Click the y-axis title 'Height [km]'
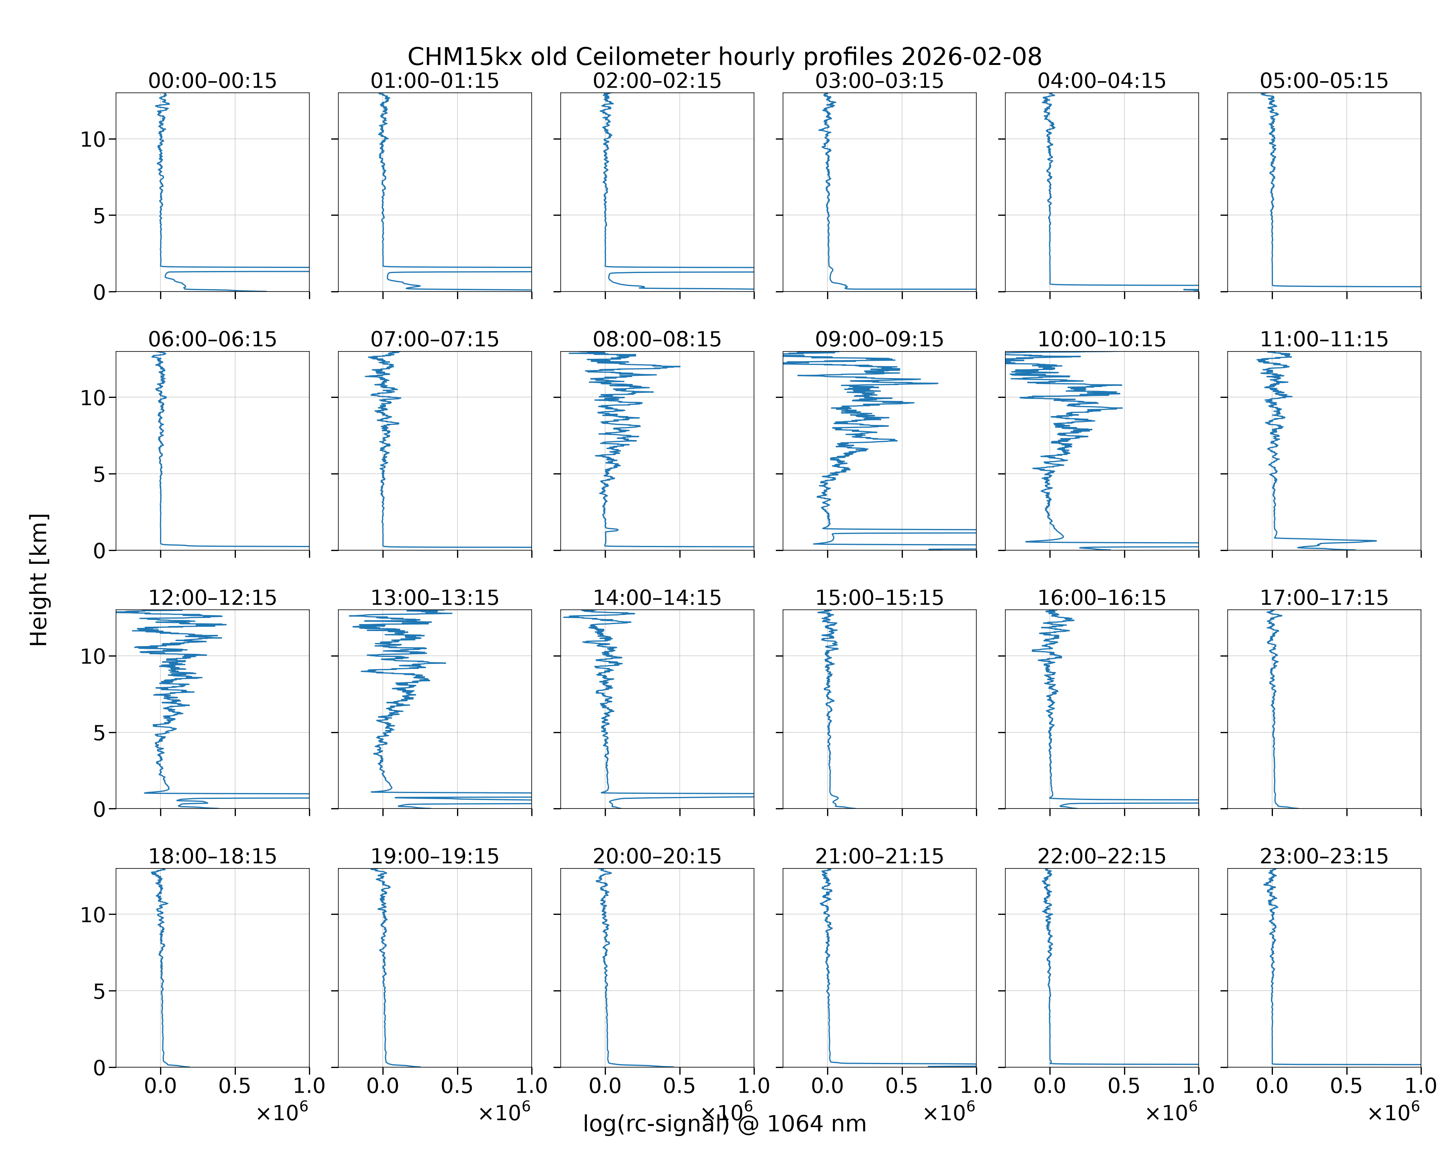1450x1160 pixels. pyautogui.click(x=39, y=580)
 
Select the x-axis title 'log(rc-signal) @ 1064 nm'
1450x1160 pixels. pyautogui.click(x=724, y=1124)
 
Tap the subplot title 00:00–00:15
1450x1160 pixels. pyautogui.click(x=213, y=81)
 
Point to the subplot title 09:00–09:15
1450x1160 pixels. pyautogui.click(x=880, y=339)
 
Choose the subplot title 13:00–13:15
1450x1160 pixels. pyautogui.click(x=435, y=598)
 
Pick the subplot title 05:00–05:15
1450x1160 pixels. pyautogui.click(x=1324, y=81)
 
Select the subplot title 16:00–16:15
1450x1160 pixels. pyautogui.click(x=1102, y=598)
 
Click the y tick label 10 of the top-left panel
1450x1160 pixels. pyautogui.click(x=94, y=140)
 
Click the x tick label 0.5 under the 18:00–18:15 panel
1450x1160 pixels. pyautogui.click(x=235, y=1086)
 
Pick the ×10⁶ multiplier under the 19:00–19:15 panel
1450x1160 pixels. pyautogui.click(x=504, y=1112)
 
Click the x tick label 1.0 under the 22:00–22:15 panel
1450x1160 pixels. pyautogui.click(x=1198, y=1086)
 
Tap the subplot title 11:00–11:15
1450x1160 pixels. pyautogui.click(x=1324, y=339)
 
